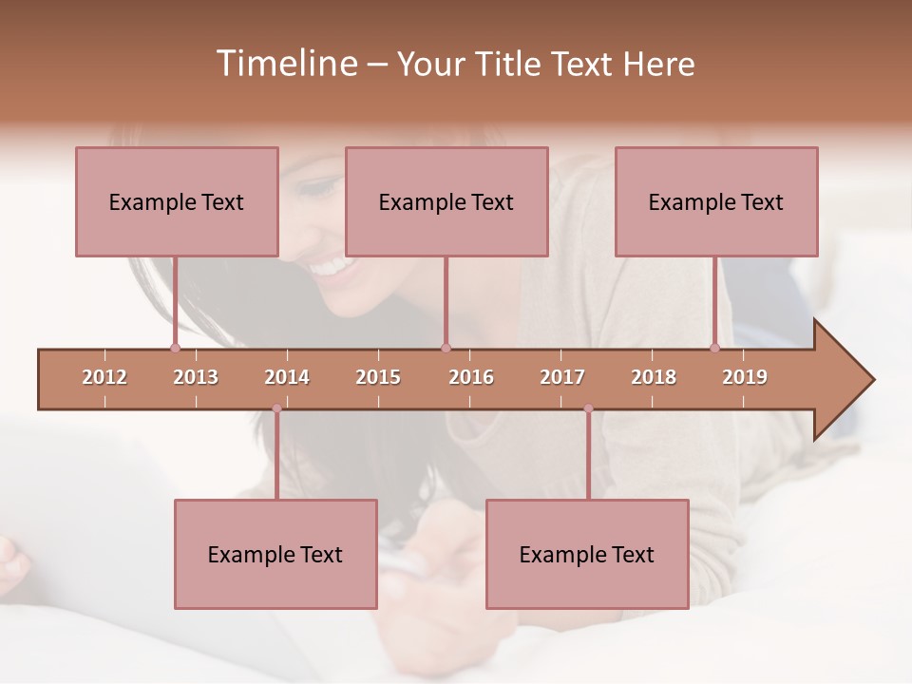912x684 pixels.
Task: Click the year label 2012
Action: (x=104, y=377)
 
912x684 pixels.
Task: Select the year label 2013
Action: (x=196, y=377)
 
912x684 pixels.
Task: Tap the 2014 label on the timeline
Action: (x=287, y=377)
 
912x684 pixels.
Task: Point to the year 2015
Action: (x=378, y=377)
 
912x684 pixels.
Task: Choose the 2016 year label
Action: (x=471, y=377)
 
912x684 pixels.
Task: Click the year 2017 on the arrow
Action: (x=562, y=377)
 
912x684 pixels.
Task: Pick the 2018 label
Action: (x=654, y=377)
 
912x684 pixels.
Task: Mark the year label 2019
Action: (x=745, y=377)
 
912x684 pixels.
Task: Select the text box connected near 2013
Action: (x=177, y=201)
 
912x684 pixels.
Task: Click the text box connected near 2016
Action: (x=446, y=201)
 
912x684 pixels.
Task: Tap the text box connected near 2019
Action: (x=716, y=201)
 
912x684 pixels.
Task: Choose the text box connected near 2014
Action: (x=275, y=554)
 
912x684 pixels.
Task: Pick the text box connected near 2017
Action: (x=587, y=554)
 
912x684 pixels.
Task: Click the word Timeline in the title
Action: (x=285, y=64)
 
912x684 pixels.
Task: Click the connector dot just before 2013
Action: (x=175, y=348)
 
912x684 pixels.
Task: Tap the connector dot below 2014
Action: (x=276, y=408)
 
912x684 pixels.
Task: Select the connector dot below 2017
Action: (x=588, y=408)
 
